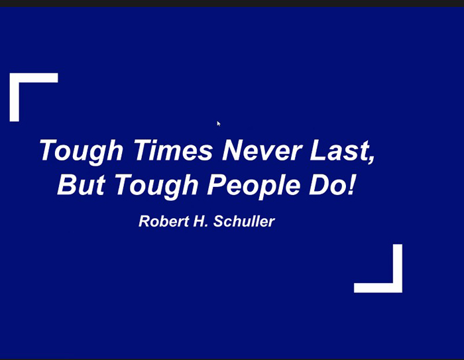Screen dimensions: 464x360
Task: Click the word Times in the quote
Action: coord(173,150)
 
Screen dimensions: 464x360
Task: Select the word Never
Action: coord(262,150)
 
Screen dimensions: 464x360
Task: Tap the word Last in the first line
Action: coord(339,150)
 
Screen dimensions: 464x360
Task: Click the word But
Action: coord(81,184)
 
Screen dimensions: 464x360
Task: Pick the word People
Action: coord(254,186)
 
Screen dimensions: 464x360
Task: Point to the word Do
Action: coord(326,184)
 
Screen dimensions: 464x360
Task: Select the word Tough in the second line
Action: coord(156,186)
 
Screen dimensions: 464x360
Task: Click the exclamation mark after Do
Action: coord(351,184)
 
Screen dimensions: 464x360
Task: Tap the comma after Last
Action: coord(371,158)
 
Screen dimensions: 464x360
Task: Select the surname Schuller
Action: coord(244,221)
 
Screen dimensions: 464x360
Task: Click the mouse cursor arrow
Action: coord(218,123)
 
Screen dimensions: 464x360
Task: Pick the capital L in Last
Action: coord(318,150)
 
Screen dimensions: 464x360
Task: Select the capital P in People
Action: coord(217,184)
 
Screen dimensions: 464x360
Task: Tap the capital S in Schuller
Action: coord(219,221)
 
